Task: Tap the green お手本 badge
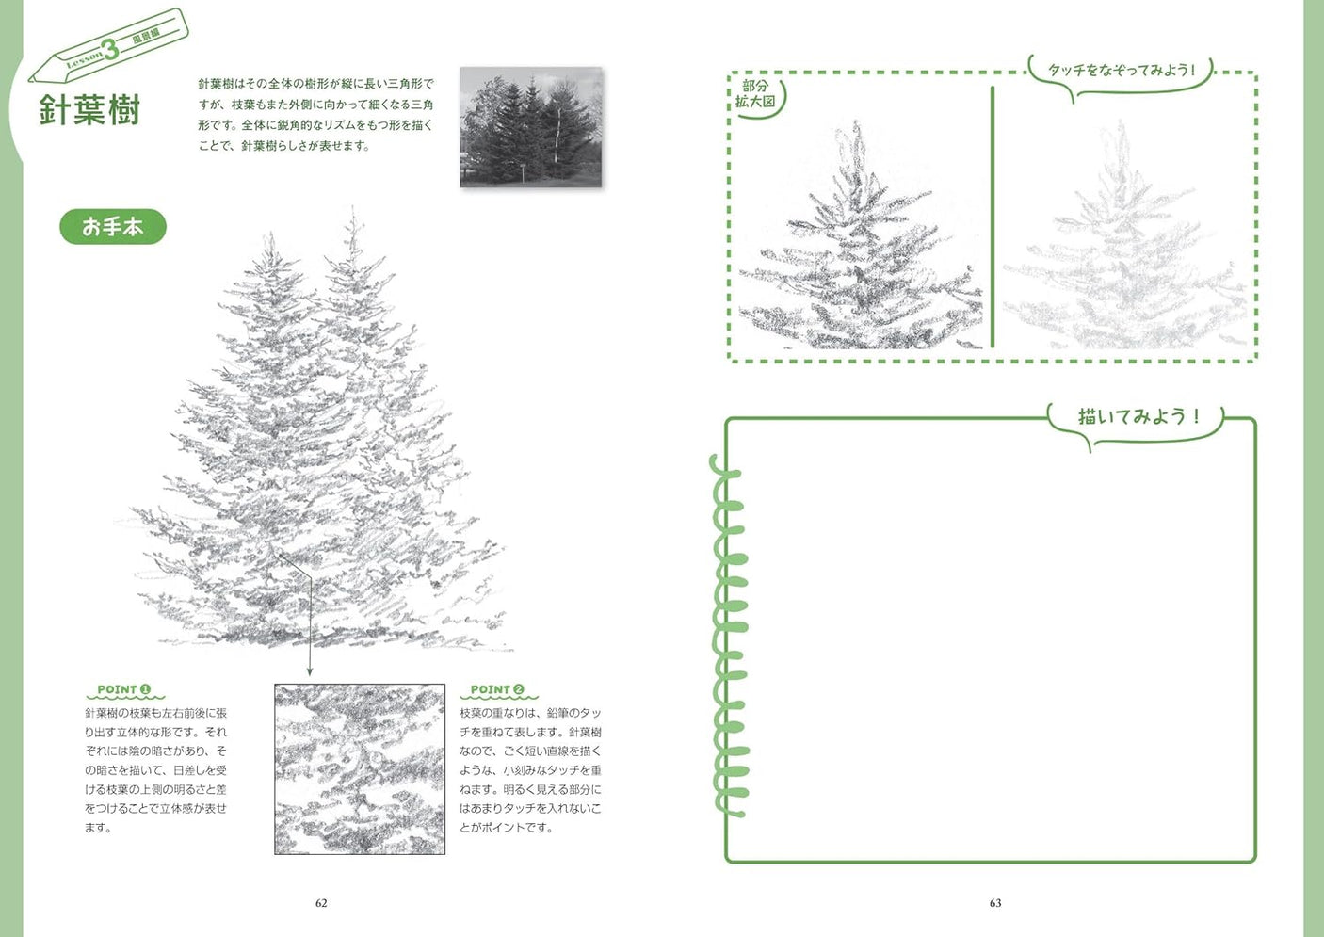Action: [113, 227]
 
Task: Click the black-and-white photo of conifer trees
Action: [531, 127]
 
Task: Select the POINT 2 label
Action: [497, 690]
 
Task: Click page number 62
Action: [321, 903]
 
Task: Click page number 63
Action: [995, 903]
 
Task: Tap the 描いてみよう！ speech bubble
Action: [1138, 417]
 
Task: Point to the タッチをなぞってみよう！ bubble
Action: [1121, 71]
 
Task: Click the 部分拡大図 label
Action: [755, 94]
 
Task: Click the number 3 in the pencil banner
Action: [111, 50]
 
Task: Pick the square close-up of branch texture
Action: [360, 769]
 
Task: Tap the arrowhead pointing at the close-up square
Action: [309, 671]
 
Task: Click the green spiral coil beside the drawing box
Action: [730, 636]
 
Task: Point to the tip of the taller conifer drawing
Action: [353, 211]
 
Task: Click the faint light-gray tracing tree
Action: [1125, 254]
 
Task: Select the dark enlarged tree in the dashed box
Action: [859, 254]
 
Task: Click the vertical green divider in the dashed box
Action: [993, 217]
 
